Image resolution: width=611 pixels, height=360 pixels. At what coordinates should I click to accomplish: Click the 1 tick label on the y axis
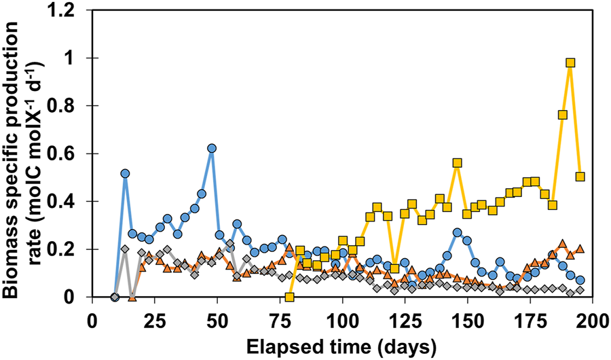coord(76,58)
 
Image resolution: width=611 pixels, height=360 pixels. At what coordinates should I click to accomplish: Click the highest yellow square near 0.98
coord(570,62)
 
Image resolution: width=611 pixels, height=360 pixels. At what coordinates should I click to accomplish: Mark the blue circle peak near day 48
coord(212,148)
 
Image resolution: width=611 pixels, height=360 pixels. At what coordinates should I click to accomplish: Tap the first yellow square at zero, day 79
coord(290,297)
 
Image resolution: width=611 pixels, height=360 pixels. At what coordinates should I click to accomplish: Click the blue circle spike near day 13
coord(125,174)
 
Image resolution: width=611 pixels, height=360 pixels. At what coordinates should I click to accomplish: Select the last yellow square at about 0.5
coord(580,177)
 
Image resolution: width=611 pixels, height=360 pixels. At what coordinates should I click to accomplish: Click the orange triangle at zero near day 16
coord(132,296)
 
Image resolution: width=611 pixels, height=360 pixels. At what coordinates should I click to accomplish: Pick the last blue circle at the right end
coord(580,280)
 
